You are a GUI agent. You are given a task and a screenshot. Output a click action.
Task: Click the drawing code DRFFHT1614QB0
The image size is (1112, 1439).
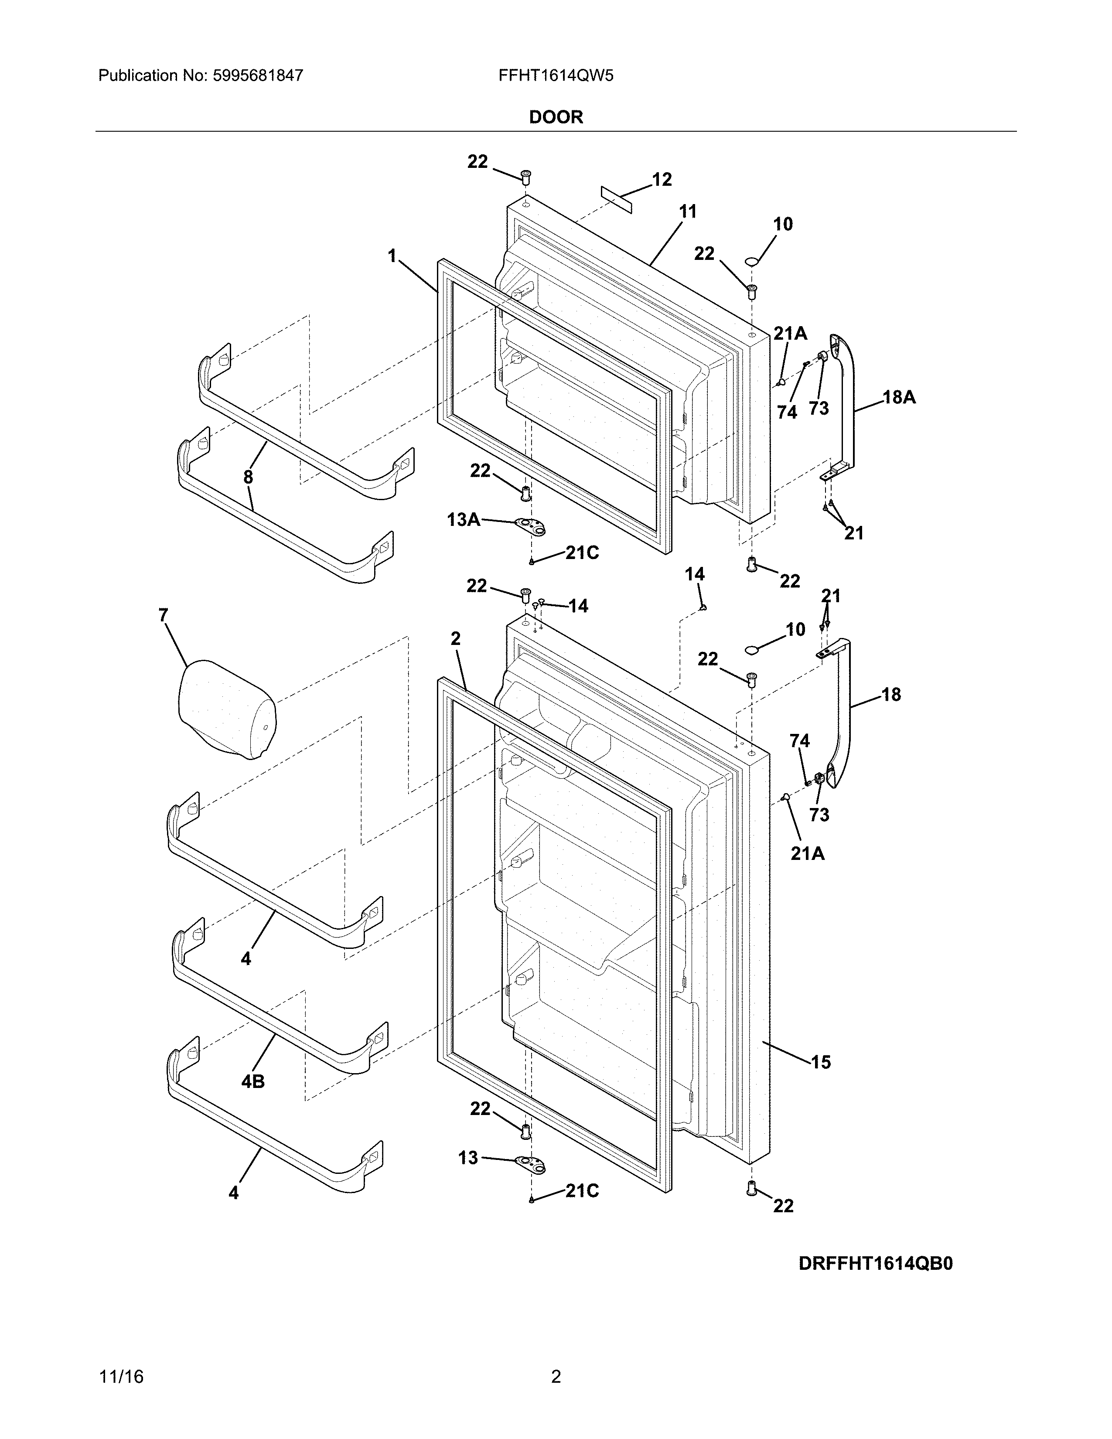click(876, 1263)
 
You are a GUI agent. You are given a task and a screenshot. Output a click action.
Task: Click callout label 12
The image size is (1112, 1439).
click(662, 179)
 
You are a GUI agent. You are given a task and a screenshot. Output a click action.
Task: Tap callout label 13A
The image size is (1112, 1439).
click(463, 520)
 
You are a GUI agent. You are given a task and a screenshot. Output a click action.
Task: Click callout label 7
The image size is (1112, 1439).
click(164, 615)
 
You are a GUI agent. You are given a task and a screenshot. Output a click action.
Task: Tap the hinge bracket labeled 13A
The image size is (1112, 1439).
click(531, 526)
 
